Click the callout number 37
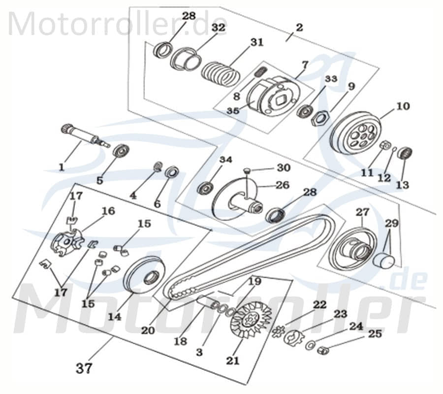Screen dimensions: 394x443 point(84,367)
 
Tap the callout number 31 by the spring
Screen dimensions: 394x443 point(256,42)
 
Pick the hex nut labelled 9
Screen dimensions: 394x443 point(320,118)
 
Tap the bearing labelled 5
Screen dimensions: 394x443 point(120,151)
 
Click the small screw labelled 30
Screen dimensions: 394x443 point(247,171)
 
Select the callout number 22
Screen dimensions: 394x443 point(319,305)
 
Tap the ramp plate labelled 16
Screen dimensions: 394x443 point(67,242)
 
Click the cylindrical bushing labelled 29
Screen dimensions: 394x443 point(384,260)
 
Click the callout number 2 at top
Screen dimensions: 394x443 point(299,26)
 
